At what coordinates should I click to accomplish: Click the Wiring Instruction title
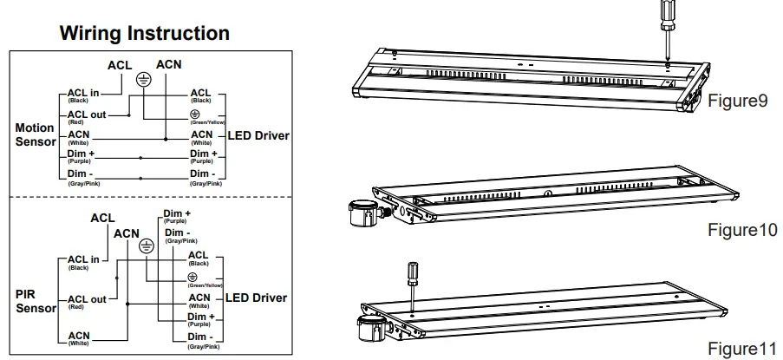(x=144, y=34)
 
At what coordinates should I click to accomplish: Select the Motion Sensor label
(x=35, y=134)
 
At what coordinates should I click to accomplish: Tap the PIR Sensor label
(x=36, y=300)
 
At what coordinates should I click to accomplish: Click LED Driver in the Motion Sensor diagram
(x=258, y=136)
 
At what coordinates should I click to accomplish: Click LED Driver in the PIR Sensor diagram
(x=256, y=298)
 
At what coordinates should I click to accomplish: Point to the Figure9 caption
(x=738, y=101)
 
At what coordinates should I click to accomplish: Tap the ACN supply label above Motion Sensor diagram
(x=168, y=64)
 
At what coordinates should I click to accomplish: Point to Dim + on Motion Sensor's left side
(x=81, y=154)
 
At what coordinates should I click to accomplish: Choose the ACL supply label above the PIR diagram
(x=102, y=219)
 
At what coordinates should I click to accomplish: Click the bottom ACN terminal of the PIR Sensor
(x=79, y=336)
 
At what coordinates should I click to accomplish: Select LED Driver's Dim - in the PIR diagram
(x=200, y=337)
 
